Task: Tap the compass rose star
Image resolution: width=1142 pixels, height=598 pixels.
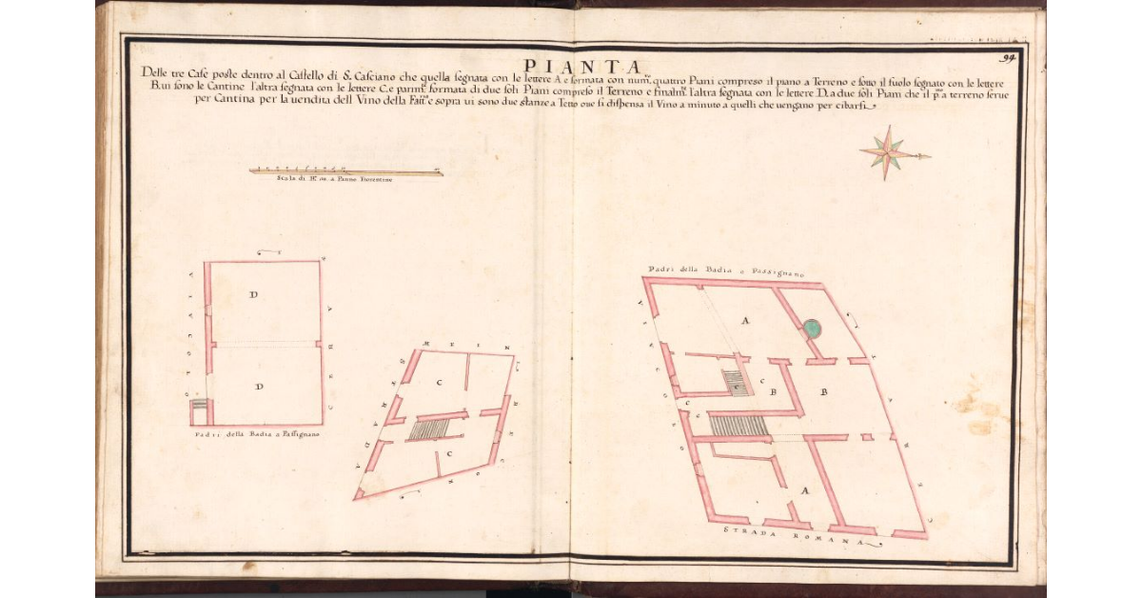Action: pos(888,153)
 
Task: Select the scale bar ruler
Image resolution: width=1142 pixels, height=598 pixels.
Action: pos(345,171)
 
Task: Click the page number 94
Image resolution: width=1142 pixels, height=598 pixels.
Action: pos(1010,58)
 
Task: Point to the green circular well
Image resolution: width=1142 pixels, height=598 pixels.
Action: pos(811,329)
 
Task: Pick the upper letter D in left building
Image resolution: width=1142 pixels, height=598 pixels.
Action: pos(253,295)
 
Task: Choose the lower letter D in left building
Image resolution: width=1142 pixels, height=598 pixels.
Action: pos(259,386)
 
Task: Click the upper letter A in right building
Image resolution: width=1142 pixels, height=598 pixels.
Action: pos(745,322)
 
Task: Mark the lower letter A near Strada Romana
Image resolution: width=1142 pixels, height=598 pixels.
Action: pos(805,491)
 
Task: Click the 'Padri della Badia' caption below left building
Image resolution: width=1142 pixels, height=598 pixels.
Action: pos(256,435)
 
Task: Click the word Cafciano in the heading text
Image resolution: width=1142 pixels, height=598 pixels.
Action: pos(387,71)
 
